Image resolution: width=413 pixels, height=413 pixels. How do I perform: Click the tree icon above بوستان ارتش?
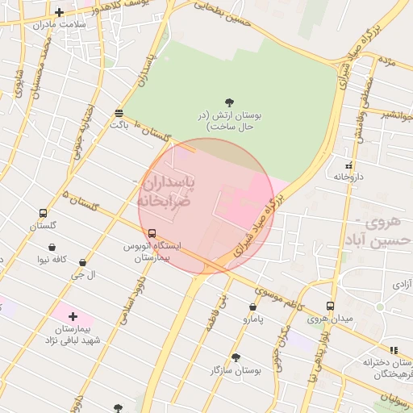click(x=230, y=102)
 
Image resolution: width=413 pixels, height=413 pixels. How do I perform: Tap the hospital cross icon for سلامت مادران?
click(x=59, y=12)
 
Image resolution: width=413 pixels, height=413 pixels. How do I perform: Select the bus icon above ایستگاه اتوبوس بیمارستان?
click(x=152, y=233)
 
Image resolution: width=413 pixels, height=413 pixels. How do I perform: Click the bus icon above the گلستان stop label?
click(x=43, y=214)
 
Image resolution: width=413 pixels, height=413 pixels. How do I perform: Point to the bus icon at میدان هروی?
click(x=330, y=306)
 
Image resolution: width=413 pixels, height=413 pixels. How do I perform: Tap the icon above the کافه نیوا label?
click(x=52, y=248)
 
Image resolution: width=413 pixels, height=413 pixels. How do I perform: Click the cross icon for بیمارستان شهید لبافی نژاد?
click(x=73, y=316)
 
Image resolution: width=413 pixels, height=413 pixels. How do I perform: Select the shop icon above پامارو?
click(x=253, y=307)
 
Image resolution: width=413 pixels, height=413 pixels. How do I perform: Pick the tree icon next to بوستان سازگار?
click(x=236, y=357)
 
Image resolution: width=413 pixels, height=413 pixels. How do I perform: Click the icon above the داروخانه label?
click(x=348, y=165)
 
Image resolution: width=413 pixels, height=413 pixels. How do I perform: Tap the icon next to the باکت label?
click(x=119, y=113)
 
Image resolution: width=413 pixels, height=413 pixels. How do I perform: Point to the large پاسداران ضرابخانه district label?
click(x=166, y=191)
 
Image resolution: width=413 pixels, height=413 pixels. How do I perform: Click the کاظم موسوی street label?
click(x=275, y=295)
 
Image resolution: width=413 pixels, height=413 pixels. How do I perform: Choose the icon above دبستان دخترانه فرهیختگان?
click(x=394, y=350)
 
